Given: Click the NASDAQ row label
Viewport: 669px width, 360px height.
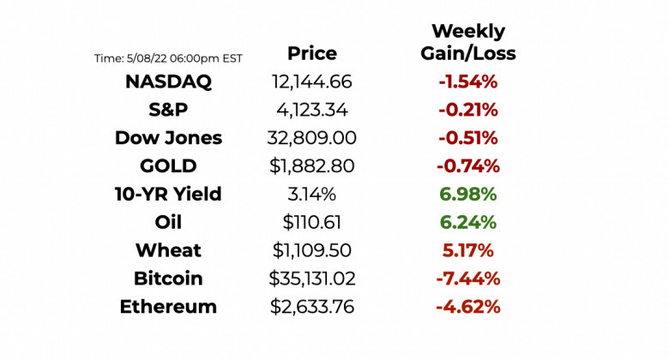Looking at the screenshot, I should (168, 82).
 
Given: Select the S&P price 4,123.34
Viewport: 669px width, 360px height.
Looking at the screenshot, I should (311, 111).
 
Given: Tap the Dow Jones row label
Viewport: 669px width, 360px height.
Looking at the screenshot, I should (168, 138).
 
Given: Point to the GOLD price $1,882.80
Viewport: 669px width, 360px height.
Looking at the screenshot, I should (311, 166).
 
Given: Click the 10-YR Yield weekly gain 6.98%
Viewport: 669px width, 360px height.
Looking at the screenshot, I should (467, 195).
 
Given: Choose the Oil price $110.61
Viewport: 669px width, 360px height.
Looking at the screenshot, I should (311, 223).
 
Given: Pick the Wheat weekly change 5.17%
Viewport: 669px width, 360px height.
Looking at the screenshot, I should (467, 250).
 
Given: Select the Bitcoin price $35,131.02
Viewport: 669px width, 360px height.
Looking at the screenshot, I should (311, 279).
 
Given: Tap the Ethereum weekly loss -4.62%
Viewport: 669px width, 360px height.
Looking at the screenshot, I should (467, 307).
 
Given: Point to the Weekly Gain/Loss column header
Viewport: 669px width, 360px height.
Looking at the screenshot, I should (467, 43).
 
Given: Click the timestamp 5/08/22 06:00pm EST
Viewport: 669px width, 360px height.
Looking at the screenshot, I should (168, 58).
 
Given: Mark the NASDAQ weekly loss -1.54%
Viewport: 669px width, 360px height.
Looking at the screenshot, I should (467, 82).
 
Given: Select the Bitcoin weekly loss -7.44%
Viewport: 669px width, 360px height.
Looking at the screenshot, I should (467, 279).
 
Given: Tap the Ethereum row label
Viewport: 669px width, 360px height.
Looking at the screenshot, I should (168, 307).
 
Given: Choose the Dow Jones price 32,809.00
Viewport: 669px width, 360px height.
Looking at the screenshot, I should (311, 138).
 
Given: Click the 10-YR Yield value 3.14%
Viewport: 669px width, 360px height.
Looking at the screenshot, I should (311, 195).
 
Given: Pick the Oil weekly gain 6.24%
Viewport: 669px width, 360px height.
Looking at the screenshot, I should (467, 223).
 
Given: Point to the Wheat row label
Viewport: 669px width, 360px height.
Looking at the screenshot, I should (168, 250).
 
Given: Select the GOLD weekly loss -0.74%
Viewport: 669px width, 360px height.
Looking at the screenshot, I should (467, 166).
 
